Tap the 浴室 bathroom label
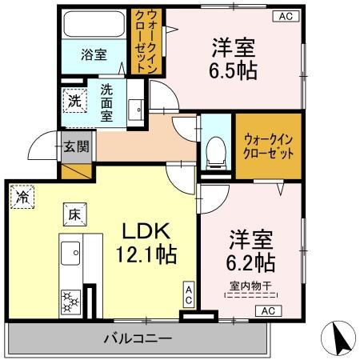point(94,54)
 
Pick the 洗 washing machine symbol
point(74,102)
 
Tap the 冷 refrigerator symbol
point(21,196)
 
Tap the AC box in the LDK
point(189,294)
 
